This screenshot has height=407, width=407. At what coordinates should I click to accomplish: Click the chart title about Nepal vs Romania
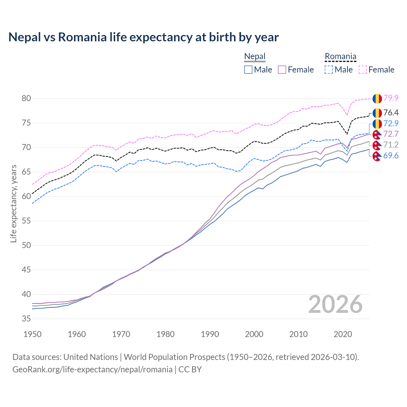pyautogui.click(x=143, y=37)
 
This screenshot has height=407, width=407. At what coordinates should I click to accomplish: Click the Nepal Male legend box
pyautogui.click(x=248, y=70)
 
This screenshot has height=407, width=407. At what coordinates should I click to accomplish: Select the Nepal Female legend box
pyautogui.click(x=282, y=70)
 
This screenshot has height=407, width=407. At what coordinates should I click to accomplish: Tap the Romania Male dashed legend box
pyautogui.click(x=329, y=70)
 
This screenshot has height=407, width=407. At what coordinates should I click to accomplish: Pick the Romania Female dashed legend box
pyautogui.click(x=363, y=70)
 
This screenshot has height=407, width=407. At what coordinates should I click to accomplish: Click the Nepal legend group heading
pyautogui.click(x=255, y=57)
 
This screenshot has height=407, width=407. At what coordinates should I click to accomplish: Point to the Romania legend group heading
pyautogui.click(x=340, y=57)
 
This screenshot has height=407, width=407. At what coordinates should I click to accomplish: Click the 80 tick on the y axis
pyautogui.click(x=26, y=99)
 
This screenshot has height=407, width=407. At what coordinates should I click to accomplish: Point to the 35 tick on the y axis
pyautogui.click(x=26, y=319)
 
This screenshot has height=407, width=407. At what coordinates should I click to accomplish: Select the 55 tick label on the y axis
pyautogui.click(x=26, y=221)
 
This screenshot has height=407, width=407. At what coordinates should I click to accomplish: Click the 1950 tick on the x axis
pyautogui.click(x=32, y=334)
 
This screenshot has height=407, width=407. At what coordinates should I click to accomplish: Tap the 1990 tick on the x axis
pyautogui.click(x=210, y=334)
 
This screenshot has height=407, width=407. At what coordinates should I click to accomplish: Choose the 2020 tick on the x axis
pyautogui.click(x=343, y=334)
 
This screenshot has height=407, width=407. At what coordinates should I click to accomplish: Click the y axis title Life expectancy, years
pyautogui.click(x=13, y=203)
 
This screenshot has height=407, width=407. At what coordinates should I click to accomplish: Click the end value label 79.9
pyautogui.click(x=391, y=98)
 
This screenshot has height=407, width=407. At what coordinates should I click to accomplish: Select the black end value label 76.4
pyautogui.click(x=391, y=113)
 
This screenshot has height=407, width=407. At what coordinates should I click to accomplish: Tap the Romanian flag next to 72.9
pyautogui.click(x=377, y=124)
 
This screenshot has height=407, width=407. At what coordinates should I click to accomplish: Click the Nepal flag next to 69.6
pyautogui.click(x=377, y=156)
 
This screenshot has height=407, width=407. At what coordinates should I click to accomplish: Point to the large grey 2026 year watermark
pyautogui.click(x=335, y=304)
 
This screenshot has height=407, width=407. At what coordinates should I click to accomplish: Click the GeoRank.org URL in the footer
pyautogui.click(x=92, y=369)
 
